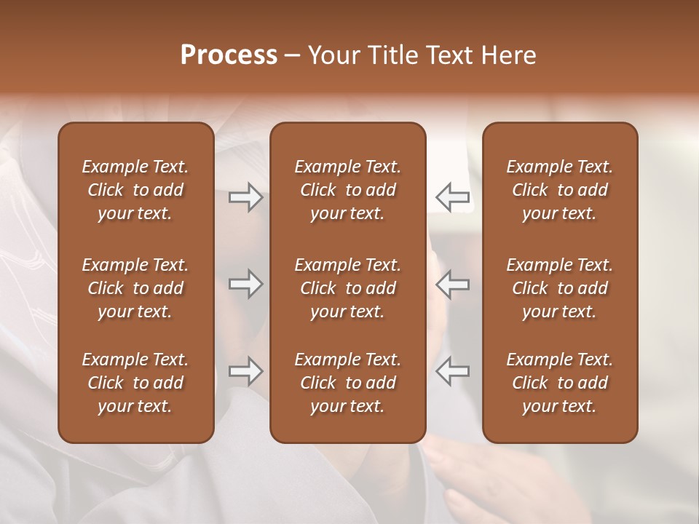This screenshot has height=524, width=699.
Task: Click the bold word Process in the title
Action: (x=229, y=55)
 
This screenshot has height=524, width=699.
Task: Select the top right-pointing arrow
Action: (x=246, y=197)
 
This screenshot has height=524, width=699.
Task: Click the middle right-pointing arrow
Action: (x=246, y=284)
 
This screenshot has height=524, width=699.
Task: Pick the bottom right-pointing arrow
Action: (x=246, y=371)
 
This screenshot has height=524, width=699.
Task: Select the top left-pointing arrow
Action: (x=452, y=197)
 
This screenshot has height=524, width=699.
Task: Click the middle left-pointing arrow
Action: (x=452, y=284)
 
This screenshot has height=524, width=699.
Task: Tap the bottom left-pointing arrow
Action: (x=452, y=371)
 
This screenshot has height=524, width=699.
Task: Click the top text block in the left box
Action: (x=135, y=190)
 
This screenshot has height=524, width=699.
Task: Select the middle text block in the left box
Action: (x=135, y=288)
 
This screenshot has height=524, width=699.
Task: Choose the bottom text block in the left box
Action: (x=135, y=383)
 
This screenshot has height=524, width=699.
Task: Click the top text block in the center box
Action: (x=347, y=190)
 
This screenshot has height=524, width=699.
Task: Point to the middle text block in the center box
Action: (x=347, y=288)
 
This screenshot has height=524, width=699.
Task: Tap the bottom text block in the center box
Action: (x=347, y=383)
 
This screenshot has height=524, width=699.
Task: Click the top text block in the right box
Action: (x=559, y=190)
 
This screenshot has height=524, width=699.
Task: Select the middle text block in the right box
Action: (x=559, y=288)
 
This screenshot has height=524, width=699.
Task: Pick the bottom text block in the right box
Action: (x=559, y=383)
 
